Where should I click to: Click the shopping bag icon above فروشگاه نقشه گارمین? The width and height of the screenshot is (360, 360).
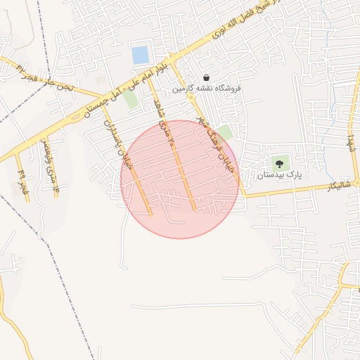pyautogui.click(x=206, y=77)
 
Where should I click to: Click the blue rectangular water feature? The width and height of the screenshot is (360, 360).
pyautogui.click(x=140, y=54)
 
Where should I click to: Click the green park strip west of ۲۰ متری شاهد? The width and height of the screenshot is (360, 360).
pyautogui.click(x=131, y=98)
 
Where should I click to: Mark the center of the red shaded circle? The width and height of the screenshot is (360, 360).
pyautogui.click(x=180, y=179)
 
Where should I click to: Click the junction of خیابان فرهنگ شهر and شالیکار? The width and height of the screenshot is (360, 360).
pyautogui.click(x=245, y=196)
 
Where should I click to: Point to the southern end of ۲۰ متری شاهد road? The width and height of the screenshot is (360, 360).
pyautogui.click(x=195, y=209)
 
